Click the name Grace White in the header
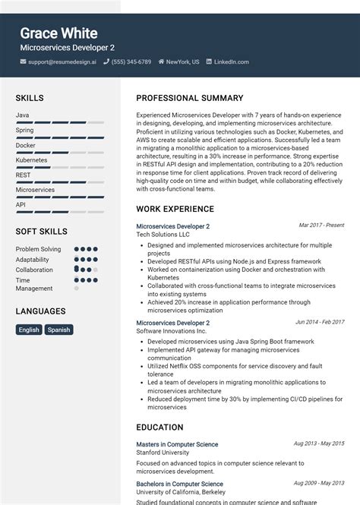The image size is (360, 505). click(58, 33)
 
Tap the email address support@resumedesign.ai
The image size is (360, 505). click(62, 62)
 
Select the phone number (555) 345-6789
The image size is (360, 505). click(131, 62)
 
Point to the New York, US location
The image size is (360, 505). click(183, 62)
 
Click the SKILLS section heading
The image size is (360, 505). click(30, 98)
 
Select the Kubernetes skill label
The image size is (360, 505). click(32, 160)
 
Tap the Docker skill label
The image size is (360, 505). click(25, 145)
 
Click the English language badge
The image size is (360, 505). click(29, 330)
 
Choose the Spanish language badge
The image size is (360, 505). click(58, 330)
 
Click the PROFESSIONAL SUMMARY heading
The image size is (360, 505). click(190, 98)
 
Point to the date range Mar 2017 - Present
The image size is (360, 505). click(321, 226)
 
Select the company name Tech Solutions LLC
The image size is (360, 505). click(163, 235)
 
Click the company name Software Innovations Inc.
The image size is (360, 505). click(171, 331)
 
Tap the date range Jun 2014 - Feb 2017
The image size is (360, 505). click(320, 322)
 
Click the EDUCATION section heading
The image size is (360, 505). click(159, 428)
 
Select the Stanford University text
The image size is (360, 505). click(163, 453)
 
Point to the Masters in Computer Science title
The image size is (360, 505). click(177, 443)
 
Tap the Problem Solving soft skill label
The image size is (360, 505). click(38, 249)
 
